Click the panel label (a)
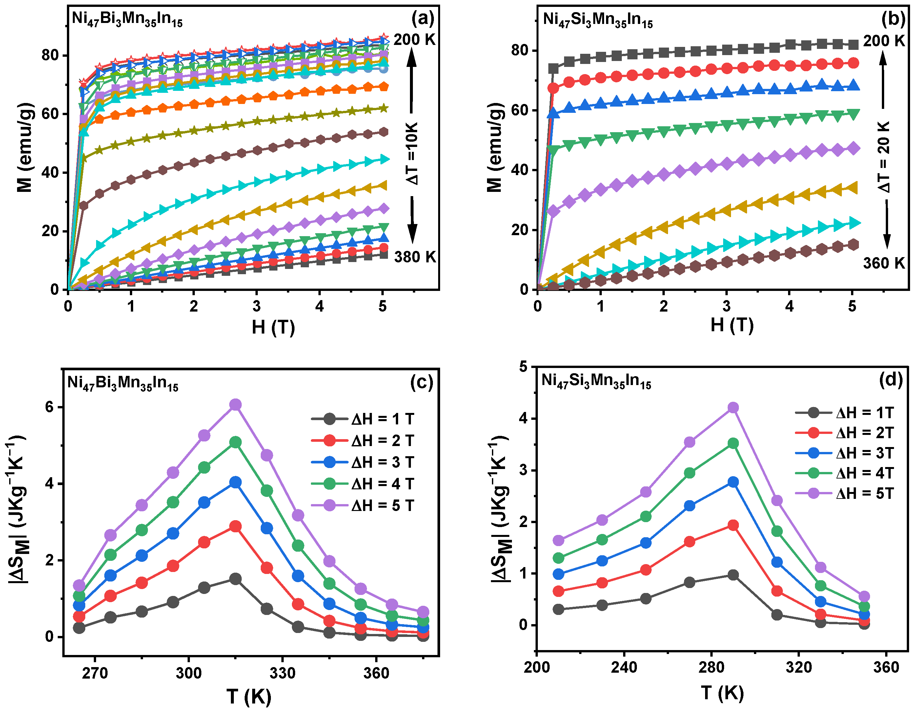coord(423,19)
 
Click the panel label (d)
coord(891,379)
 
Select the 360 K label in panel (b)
coord(884,263)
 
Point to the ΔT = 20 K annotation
coord(884,157)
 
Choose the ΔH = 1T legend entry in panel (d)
coord(844,413)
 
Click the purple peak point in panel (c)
coord(235,405)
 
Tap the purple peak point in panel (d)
coord(733,408)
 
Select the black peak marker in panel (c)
coord(235,579)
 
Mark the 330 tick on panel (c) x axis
coord(282,673)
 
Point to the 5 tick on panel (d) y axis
coord(523,367)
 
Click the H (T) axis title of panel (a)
coord(273,327)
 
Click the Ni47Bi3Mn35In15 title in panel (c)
coord(123,383)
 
